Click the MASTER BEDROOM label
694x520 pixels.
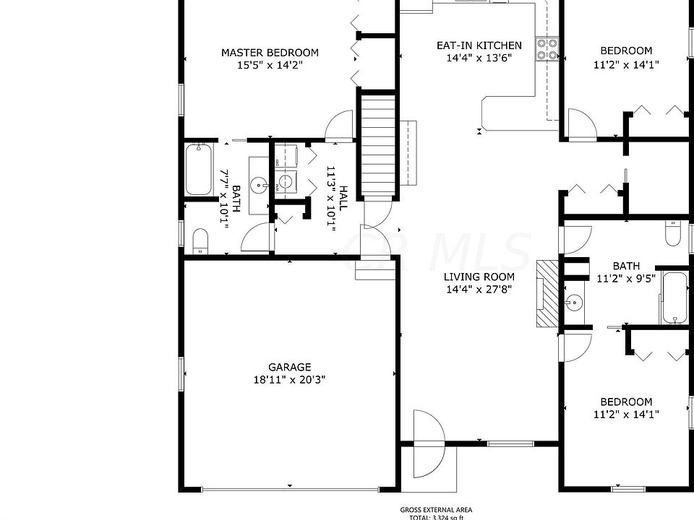click(270, 53)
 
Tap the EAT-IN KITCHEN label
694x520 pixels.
click(479, 45)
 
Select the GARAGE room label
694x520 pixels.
click(289, 367)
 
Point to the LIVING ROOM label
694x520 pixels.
click(479, 277)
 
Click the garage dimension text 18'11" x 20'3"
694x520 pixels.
click(289, 381)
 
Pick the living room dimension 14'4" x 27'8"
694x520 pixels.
click(479, 290)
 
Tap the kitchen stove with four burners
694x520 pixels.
click(547, 48)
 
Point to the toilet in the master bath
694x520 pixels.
click(200, 240)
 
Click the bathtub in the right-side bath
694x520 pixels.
click(675, 298)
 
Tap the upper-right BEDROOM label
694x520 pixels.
click(626, 51)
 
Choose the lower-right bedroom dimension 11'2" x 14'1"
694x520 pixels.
click(626, 415)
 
